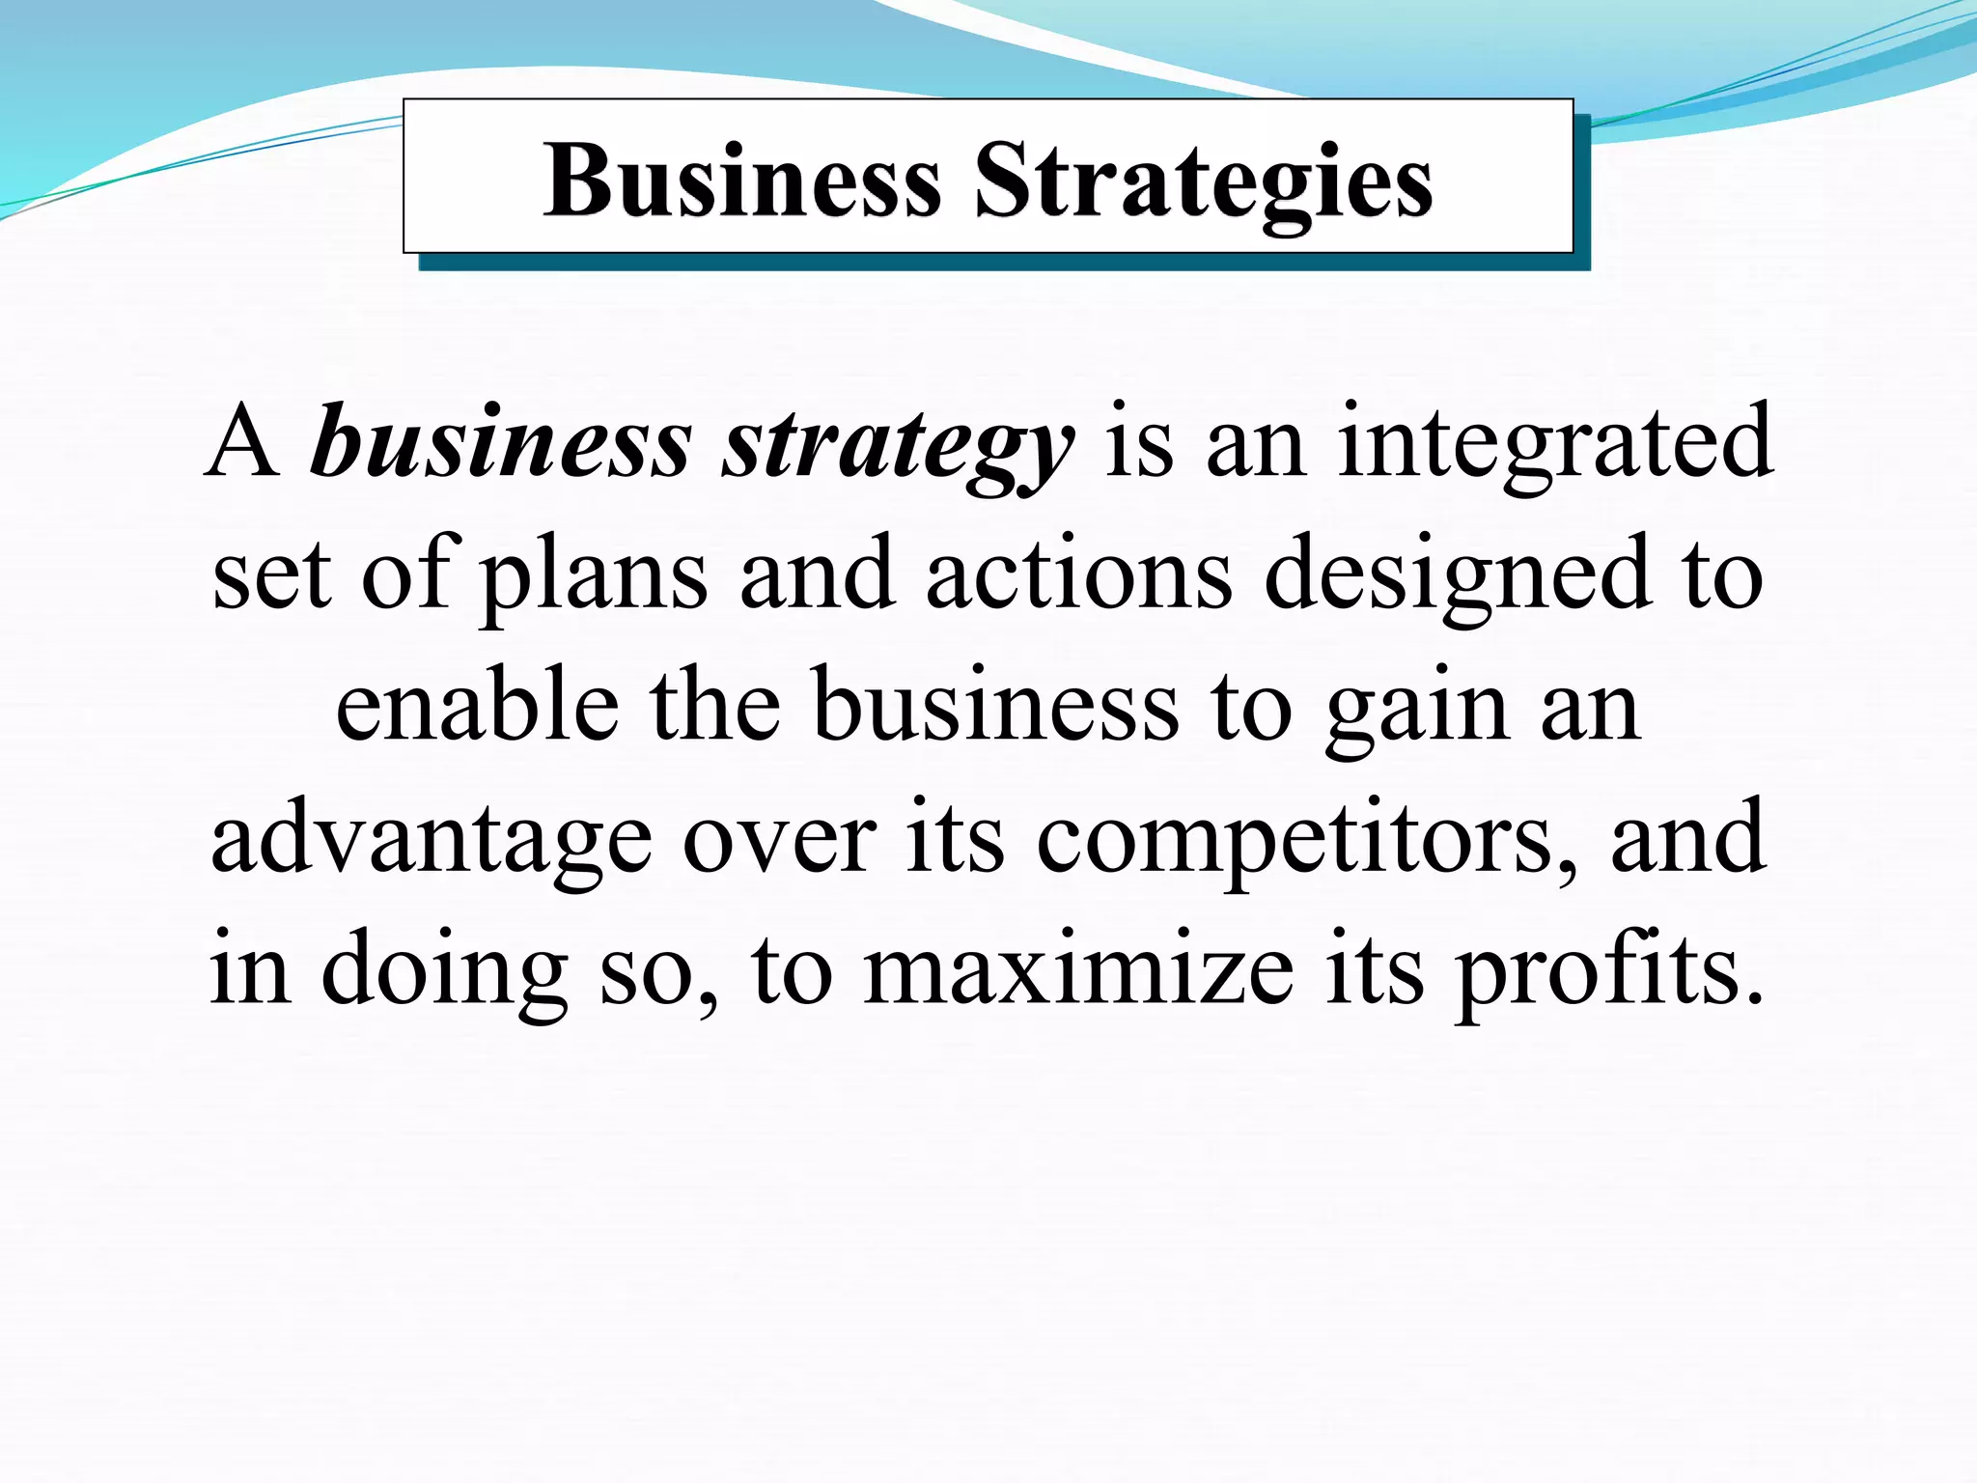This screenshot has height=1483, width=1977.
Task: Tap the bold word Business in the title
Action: [741, 180]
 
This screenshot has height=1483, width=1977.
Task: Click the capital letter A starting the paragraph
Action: [242, 442]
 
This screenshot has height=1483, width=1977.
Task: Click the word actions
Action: [1078, 574]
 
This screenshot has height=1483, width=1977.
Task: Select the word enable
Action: [477, 706]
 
